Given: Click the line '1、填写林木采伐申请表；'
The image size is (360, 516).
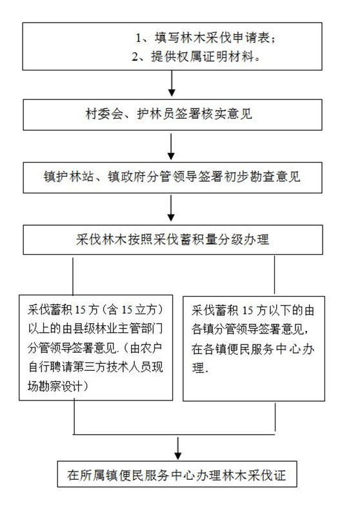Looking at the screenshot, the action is pyautogui.click(x=206, y=38).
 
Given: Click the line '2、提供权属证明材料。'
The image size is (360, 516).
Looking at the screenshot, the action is pyautogui.click(x=197, y=57).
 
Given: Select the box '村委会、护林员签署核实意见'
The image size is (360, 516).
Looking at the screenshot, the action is pyautogui.click(x=172, y=115).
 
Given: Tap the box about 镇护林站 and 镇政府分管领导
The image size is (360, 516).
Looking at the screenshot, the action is pyautogui.click(x=172, y=177).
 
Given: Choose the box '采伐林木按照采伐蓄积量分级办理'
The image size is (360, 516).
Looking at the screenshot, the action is pyautogui.click(x=173, y=239).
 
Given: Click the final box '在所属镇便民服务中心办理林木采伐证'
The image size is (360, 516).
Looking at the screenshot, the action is pyautogui.click(x=177, y=474).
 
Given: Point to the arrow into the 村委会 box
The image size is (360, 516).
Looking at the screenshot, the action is pyautogui.click(x=172, y=84).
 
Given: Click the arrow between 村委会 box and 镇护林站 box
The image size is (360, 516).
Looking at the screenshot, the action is pyautogui.click(x=171, y=146).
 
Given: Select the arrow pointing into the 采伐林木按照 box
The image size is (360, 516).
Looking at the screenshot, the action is pyautogui.click(x=171, y=208).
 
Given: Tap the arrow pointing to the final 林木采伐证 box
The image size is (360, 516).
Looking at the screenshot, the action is pyautogui.click(x=178, y=448).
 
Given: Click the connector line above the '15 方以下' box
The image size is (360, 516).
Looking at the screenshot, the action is pyautogui.click(x=274, y=275).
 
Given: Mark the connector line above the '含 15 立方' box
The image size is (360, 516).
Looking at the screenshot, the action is pyautogui.click(x=73, y=276).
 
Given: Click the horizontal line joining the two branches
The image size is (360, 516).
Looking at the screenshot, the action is pyautogui.click(x=174, y=434).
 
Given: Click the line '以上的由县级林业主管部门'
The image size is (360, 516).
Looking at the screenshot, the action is pyautogui.click(x=95, y=329).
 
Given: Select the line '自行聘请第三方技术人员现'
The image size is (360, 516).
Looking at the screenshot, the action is pyautogui.click(x=95, y=367).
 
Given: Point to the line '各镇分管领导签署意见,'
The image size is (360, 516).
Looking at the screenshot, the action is pyautogui.click(x=250, y=330).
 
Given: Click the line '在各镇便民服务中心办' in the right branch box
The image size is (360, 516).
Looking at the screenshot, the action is pyautogui.click(x=253, y=349).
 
